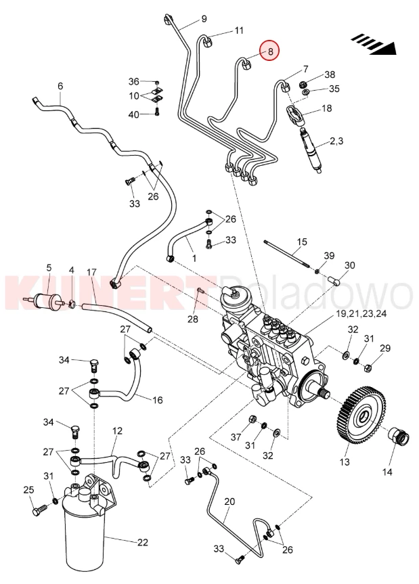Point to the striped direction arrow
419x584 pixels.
click(x=374, y=43)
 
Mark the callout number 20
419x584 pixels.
click(x=229, y=501)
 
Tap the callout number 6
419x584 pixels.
click(x=60, y=86)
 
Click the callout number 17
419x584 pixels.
click(x=92, y=272)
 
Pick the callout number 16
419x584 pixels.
click(x=157, y=400)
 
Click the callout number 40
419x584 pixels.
click(x=134, y=114)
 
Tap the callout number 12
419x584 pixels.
click(x=117, y=430)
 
